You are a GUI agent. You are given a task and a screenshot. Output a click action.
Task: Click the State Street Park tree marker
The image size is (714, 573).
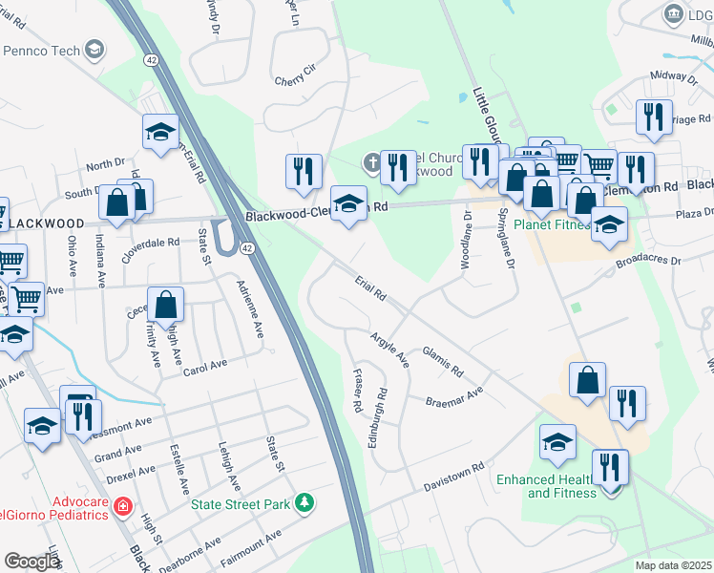coord(304,502)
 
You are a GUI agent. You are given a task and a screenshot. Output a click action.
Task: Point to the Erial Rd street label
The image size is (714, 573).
coord(368,287)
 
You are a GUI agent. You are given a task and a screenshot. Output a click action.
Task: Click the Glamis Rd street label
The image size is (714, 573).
coord(442,361)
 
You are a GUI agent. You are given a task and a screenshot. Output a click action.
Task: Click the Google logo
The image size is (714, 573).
coord(31,562)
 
